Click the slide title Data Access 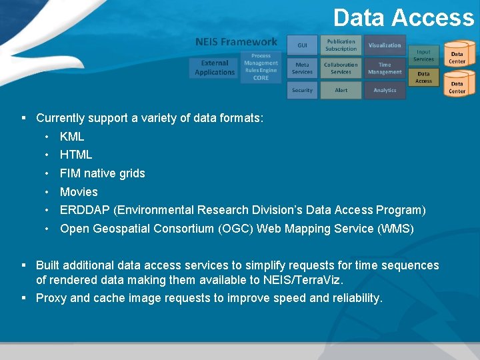pyautogui.click(x=403, y=18)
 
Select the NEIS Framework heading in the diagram pyautogui.click(x=236, y=42)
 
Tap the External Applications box pyautogui.click(x=215, y=68)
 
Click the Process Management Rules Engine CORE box pyautogui.click(x=261, y=67)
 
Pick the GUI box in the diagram pyautogui.click(x=302, y=45)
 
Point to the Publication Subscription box pyautogui.click(x=341, y=45)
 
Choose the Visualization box pyautogui.click(x=385, y=45)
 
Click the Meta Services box pyautogui.click(x=302, y=68)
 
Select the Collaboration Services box pyautogui.click(x=341, y=68)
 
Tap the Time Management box pyautogui.click(x=385, y=68)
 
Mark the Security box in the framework pyautogui.click(x=302, y=90)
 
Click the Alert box pyautogui.click(x=341, y=90)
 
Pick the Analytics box pyautogui.click(x=385, y=90)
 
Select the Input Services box pyautogui.click(x=423, y=55)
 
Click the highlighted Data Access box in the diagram pyautogui.click(x=423, y=77)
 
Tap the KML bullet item pyautogui.click(x=72, y=137)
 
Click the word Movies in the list pyautogui.click(x=79, y=192)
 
